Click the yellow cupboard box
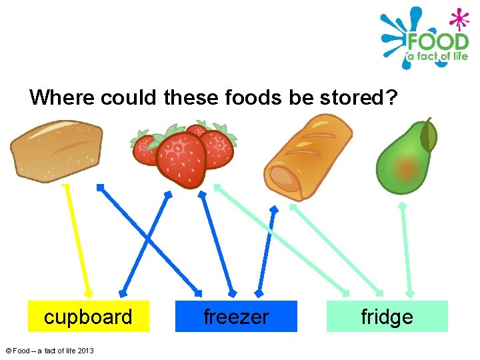click(x=88, y=316)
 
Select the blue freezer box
click(x=236, y=316)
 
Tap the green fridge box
click(x=387, y=316)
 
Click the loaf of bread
click(x=56, y=150)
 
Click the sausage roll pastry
click(x=307, y=157)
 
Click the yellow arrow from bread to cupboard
click(x=77, y=240)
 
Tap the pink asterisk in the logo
click(x=457, y=17)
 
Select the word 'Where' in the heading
click(x=62, y=98)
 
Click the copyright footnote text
click(x=49, y=351)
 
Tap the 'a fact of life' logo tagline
click(x=437, y=57)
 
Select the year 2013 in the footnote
click(x=85, y=351)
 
